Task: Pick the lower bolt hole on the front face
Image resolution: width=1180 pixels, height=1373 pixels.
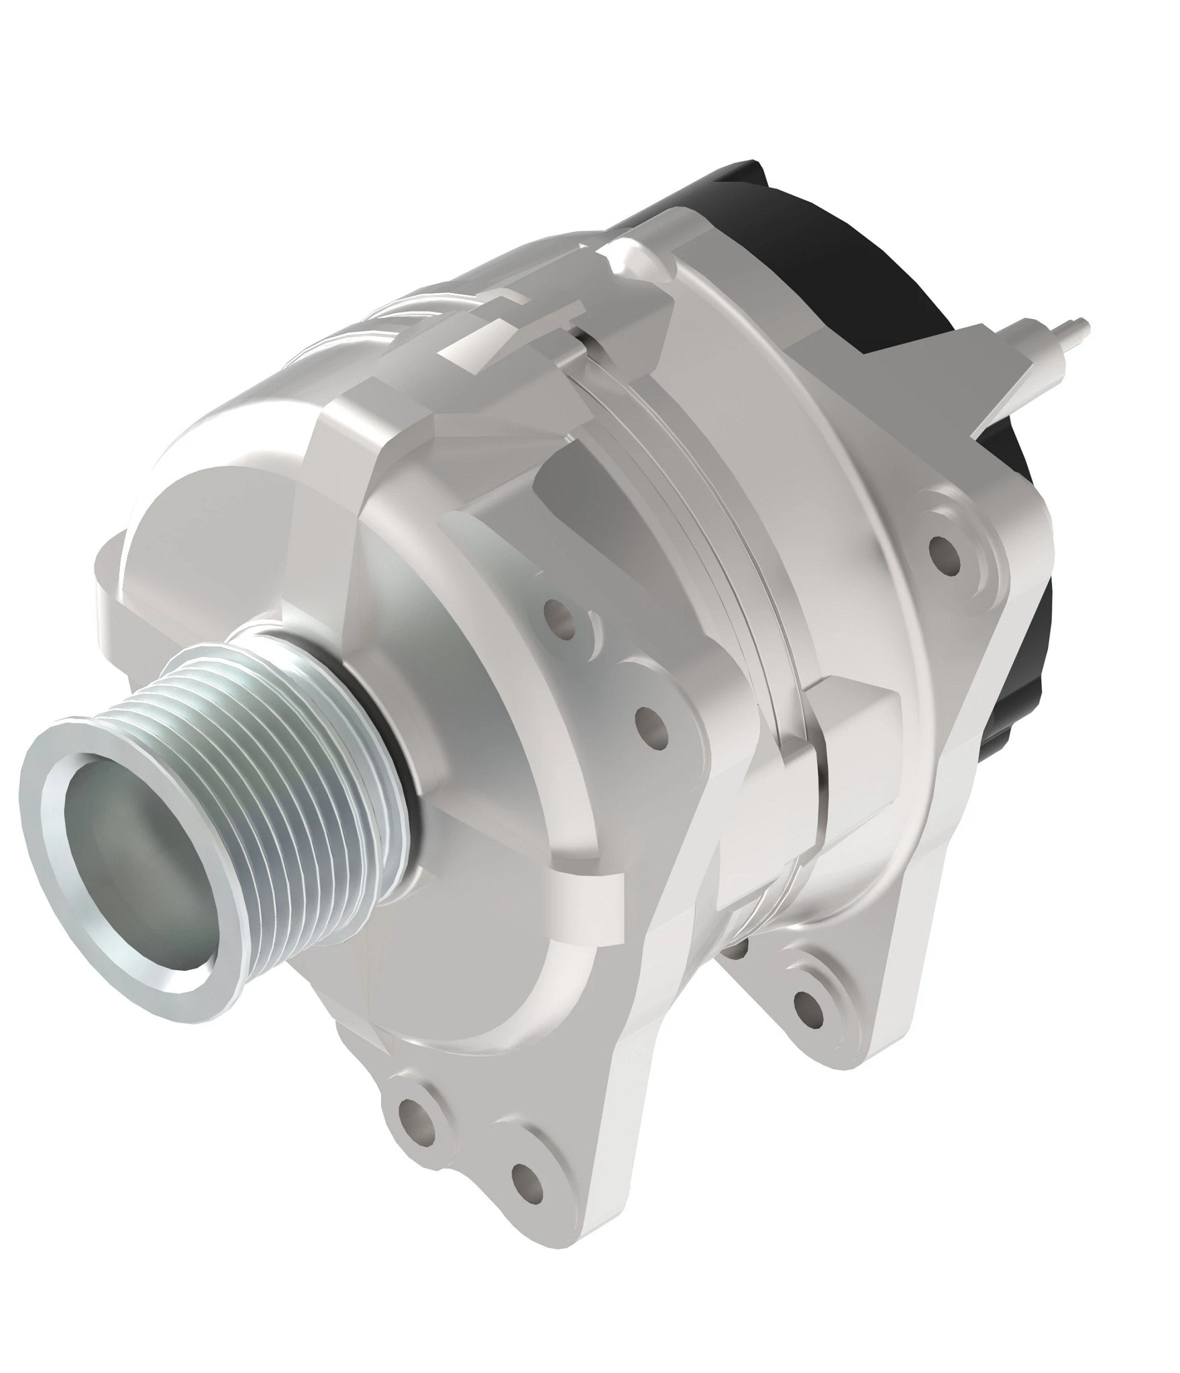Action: click(651, 723)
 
